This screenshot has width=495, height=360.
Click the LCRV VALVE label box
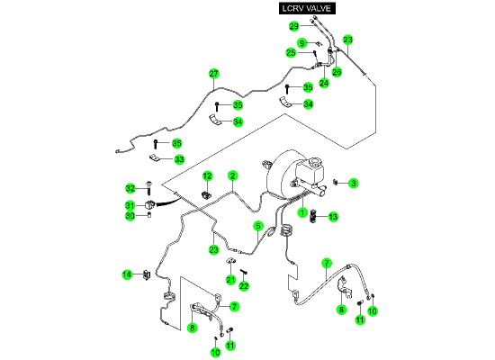(307, 8)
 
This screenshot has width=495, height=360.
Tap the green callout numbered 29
(294, 26)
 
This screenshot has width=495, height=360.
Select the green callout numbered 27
(213, 74)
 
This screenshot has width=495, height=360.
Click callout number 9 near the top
(302, 43)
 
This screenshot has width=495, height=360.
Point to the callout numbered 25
(291, 52)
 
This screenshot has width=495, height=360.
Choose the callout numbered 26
(337, 72)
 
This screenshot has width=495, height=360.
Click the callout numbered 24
(324, 83)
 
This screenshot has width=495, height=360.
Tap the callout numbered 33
(179, 159)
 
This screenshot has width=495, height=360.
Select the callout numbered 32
(130, 188)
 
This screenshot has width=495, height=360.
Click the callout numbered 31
(130, 206)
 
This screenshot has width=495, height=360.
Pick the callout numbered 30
(130, 216)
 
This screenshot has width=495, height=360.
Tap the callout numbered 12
(207, 175)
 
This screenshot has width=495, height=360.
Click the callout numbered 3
(354, 184)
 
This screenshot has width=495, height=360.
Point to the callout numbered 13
(333, 217)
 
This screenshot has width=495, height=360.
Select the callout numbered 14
(127, 274)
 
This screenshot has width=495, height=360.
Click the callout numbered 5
(258, 226)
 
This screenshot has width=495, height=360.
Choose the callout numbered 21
(230, 280)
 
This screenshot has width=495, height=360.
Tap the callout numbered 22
(244, 286)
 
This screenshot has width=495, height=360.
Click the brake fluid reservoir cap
(315, 163)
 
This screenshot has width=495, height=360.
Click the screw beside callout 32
(148, 188)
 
